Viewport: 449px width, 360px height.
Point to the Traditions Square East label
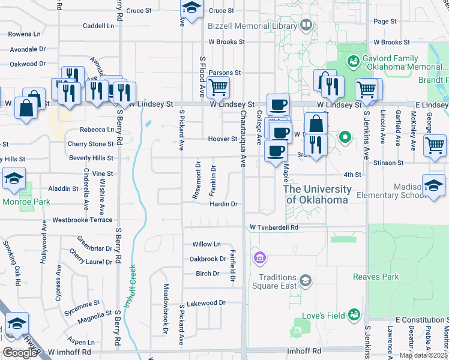pos(278,281)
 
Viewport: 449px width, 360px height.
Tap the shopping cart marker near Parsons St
pos(218,88)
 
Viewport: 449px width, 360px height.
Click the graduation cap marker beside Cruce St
pos(191,9)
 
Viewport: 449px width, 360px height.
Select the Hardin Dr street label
pos(224,204)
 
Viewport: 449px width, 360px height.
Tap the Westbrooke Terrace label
pos(82,220)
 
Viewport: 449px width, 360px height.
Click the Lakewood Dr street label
pos(205,303)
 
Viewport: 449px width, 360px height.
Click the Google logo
pos(20,353)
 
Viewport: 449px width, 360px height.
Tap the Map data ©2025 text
pos(423,355)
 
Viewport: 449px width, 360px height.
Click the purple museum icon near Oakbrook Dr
pos(260,259)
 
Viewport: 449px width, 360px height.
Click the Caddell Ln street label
pos(98,26)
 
